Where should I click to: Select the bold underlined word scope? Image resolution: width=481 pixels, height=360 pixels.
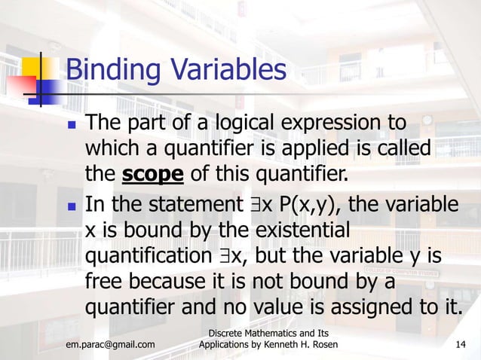click(x=153, y=174)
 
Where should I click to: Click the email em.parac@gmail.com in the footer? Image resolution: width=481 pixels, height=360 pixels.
click(x=111, y=345)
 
